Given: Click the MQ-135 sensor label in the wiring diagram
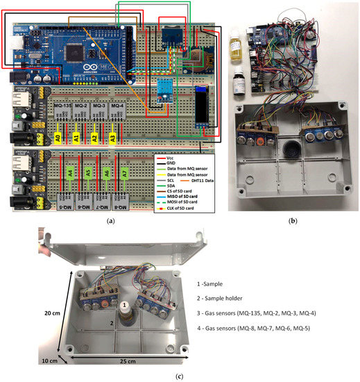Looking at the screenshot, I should click(x=61, y=105).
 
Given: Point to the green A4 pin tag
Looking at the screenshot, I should click(x=70, y=173).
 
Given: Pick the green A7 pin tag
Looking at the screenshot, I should click(x=122, y=174).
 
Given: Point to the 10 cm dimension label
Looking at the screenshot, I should click(x=47, y=361).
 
